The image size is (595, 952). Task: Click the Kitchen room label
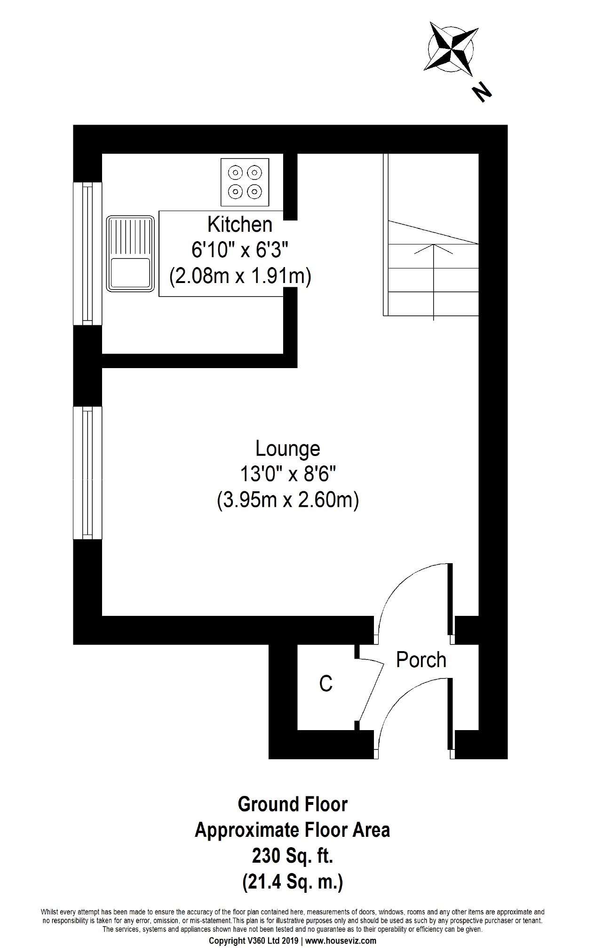click(240, 225)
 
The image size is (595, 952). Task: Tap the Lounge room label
click(288, 448)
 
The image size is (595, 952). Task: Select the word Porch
click(421, 660)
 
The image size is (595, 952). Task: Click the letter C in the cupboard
click(325, 684)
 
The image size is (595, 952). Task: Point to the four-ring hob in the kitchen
click(245, 182)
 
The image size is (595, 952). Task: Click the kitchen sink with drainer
click(130, 252)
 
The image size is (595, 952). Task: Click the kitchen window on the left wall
click(88, 254)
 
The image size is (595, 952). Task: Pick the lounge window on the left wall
click(88, 473)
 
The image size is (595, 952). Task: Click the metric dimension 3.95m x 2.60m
click(288, 500)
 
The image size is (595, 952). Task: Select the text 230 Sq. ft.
click(293, 857)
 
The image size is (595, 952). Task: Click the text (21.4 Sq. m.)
click(293, 882)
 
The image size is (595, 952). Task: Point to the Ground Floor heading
click(293, 804)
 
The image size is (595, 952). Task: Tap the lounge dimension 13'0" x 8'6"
click(288, 475)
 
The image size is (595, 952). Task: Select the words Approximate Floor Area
click(293, 831)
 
